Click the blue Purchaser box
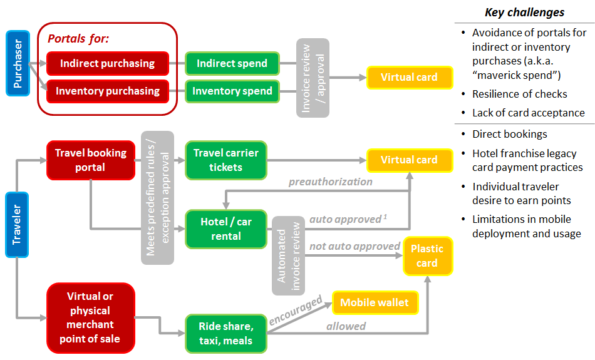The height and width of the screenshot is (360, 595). [x=18, y=63]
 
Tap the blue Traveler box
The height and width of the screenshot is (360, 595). [x=18, y=224]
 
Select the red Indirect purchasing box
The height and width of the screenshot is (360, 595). [x=107, y=63]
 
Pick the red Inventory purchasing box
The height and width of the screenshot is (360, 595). [x=107, y=91]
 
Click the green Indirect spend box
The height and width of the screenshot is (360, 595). [x=232, y=63]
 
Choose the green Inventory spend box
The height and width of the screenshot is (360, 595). [x=232, y=91]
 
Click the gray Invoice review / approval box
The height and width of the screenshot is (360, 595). [x=313, y=78]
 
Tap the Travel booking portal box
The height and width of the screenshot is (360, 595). [x=91, y=160]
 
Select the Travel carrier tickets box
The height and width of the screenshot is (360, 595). [x=225, y=160]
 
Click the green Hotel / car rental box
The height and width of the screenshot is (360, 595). [x=225, y=229]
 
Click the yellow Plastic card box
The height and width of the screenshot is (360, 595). [x=427, y=255]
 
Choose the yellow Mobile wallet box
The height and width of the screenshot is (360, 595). [x=374, y=302]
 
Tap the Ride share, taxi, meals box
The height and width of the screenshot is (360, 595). [x=225, y=333]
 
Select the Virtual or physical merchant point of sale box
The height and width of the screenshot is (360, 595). [x=91, y=317]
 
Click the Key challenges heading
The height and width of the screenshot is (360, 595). [x=524, y=13]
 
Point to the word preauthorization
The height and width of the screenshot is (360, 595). [x=330, y=182]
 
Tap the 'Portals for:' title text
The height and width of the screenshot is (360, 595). [x=78, y=39]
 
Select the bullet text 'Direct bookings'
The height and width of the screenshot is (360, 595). [x=509, y=134]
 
